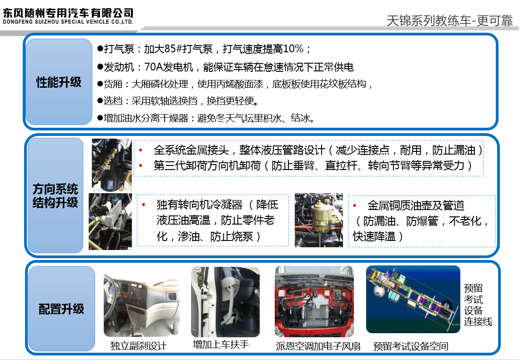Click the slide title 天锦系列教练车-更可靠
[x=449, y=20]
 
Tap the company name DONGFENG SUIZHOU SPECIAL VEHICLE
[x=56, y=22]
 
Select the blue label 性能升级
[x=59, y=82]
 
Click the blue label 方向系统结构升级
[x=55, y=195]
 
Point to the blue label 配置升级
[x=61, y=309]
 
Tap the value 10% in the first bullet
[x=293, y=49]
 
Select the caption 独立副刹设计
[x=138, y=346]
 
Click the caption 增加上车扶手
[x=221, y=345]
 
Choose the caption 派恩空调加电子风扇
[x=318, y=346]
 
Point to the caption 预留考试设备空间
[x=411, y=346]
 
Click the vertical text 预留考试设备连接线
[x=478, y=305]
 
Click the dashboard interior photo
[x=141, y=301]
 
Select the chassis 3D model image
[x=413, y=299]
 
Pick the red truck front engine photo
[x=314, y=301]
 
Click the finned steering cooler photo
[x=110, y=221]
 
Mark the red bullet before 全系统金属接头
[x=141, y=150]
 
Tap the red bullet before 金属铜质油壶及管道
[x=354, y=205]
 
